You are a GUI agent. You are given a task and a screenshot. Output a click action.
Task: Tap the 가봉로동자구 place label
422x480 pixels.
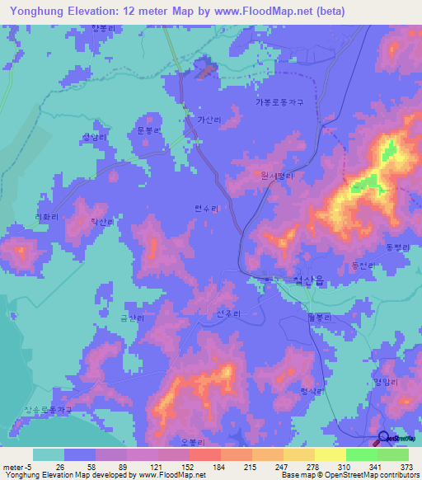tap(279, 102)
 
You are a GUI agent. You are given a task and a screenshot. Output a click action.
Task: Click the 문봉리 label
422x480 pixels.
tap(148, 130)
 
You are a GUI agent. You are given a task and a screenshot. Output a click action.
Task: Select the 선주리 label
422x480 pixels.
tap(227, 314)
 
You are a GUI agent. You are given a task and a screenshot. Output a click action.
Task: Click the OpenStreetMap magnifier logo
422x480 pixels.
tap(382, 438)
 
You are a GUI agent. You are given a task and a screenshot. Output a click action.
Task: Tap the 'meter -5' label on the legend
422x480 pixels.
tap(17, 466)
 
